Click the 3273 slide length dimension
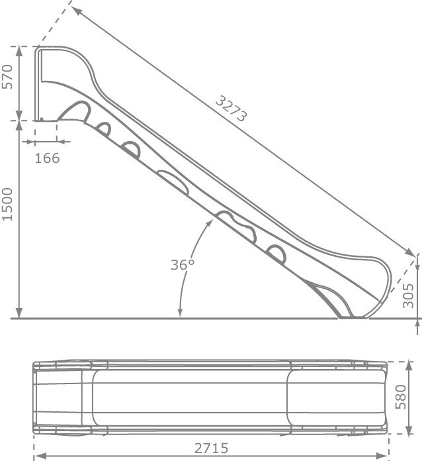click(232, 109)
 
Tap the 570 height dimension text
click(7, 77)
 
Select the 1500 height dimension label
click(7, 205)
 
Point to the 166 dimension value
click(47, 158)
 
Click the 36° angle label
click(183, 264)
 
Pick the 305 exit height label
click(408, 296)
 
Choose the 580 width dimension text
click(401, 397)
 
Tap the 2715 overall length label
click(211, 448)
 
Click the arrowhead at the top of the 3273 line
click(76, 10)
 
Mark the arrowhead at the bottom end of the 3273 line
click(410, 252)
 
